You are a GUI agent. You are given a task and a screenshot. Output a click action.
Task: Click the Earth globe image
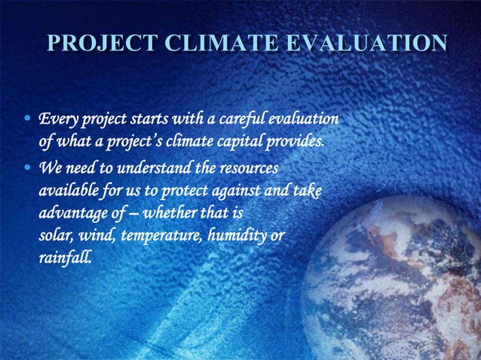[x=407, y=279]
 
